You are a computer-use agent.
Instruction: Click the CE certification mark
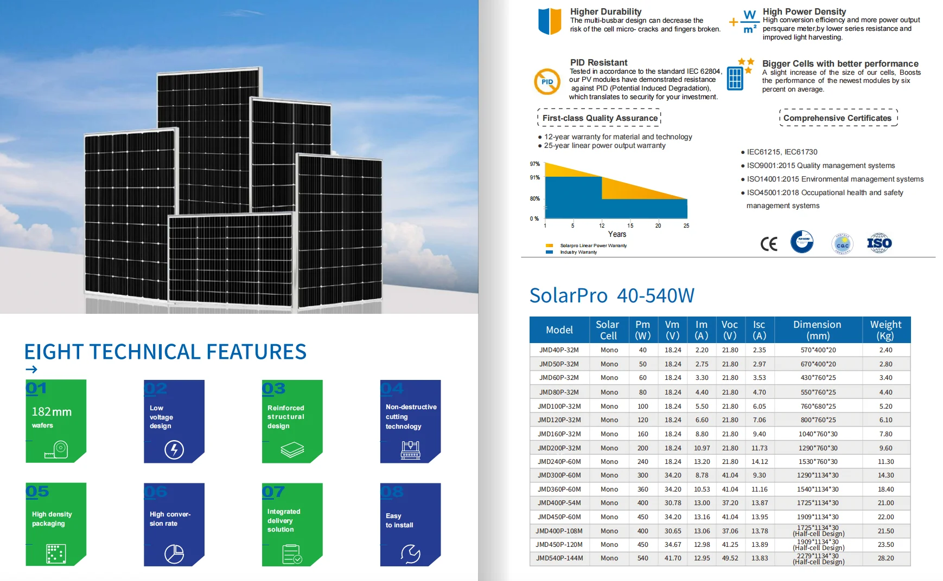click(768, 244)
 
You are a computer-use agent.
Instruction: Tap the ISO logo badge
click(879, 243)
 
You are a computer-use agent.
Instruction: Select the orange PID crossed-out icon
click(547, 82)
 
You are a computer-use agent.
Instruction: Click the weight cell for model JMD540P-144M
click(885, 558)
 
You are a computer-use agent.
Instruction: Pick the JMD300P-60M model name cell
click(559, 475)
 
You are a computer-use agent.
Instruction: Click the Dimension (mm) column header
click(817, 330)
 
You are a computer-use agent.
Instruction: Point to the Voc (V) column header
click(730, 330)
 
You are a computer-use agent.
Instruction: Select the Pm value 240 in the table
click(642, 462)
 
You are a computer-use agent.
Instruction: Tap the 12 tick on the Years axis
click(602, 225)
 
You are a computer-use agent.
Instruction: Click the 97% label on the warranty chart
click(534, 164)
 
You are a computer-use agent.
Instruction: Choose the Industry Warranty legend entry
click(578, 252)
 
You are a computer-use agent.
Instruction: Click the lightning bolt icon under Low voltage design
click(174, 449)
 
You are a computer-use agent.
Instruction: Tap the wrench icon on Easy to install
click(410, 553)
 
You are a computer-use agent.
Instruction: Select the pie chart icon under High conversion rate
click(174, 553)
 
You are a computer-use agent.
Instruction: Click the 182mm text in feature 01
click(52, 412)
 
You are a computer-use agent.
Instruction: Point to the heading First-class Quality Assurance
click(600, 118)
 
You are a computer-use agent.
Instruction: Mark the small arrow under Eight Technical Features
click(31, 370)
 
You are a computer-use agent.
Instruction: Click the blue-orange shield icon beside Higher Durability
click(550, 21)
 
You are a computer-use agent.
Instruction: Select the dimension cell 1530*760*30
click(818, 462)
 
